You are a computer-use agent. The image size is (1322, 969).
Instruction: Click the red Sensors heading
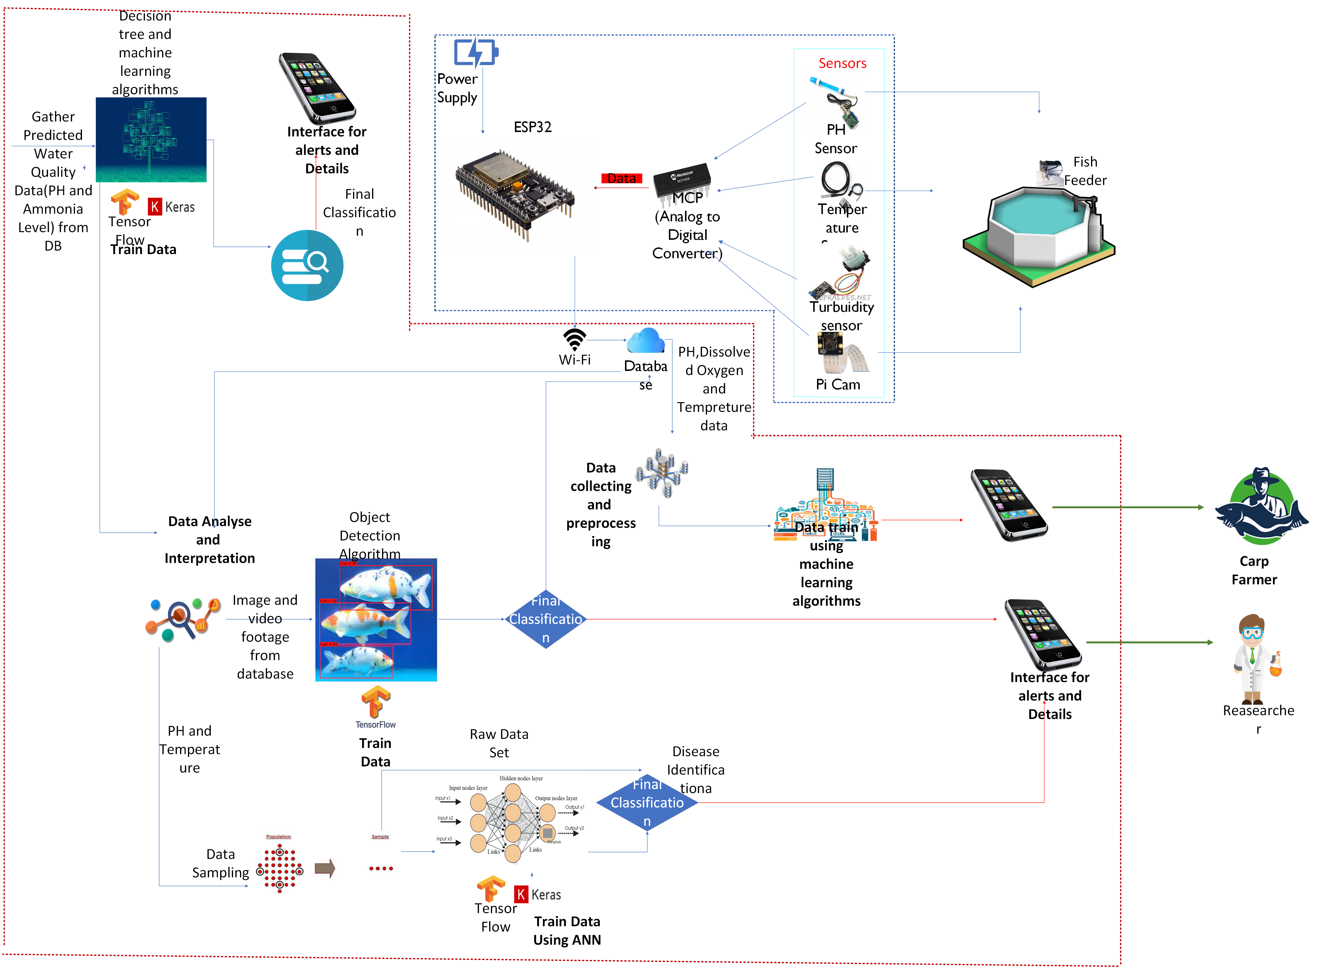842,63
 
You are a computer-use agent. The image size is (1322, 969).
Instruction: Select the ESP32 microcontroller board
517,196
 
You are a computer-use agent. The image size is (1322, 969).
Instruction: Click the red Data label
622,178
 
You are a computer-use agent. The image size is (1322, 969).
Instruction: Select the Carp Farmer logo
1262,512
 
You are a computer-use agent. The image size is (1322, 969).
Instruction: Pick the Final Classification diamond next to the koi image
545,619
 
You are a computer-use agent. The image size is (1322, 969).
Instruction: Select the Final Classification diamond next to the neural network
647,802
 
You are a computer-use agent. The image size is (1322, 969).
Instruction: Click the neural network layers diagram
511,816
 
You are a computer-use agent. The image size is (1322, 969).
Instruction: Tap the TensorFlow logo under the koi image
375,707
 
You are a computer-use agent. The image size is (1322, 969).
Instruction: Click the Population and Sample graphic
324,863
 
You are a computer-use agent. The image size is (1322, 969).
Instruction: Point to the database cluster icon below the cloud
662,473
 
